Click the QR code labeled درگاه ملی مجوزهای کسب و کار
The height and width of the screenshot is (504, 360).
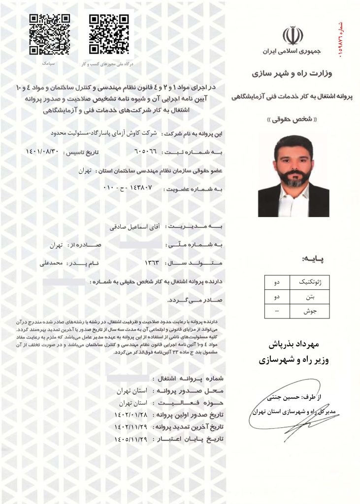coord(109,34)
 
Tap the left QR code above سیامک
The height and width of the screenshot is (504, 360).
coord(49,34)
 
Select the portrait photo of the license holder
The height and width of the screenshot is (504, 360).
coord(294,176)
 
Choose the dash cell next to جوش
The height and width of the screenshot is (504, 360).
coord(277,311)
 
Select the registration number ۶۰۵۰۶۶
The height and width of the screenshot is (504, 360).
coord(145,152)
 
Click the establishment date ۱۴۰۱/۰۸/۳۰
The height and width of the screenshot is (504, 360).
coord(43,152)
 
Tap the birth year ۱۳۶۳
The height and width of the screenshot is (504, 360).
coord(153,263)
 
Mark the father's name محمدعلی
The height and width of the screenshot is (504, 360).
coord(52,263)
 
